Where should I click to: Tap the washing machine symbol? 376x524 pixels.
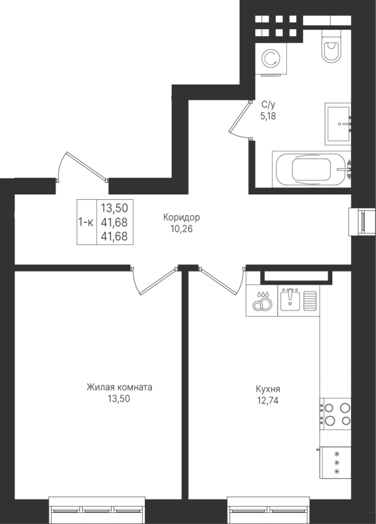[271, 59]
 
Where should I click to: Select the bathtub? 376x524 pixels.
[311, 169]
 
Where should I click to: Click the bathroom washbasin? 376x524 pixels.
[338, 123]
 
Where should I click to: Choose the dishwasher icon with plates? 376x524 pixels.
[262, 300]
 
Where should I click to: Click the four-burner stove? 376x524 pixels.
[335, 413]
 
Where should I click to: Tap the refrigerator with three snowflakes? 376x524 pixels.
[335, 462]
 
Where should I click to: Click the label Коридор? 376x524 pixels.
[182, 218]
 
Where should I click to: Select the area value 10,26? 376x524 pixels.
[182, 229]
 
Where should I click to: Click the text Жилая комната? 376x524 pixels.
[119, 387]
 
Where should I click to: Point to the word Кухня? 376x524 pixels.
[268, 389]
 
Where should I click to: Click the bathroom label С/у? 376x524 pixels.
[268, 105]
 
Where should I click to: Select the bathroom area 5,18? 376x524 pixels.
[268, 116]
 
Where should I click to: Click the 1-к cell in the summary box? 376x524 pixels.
[86, 222]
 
